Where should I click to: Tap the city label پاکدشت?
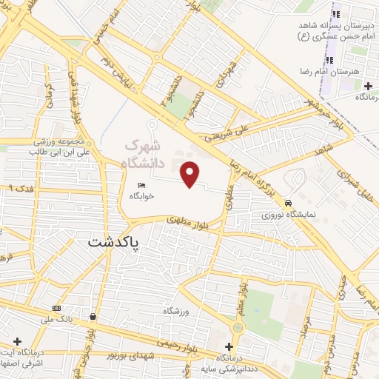click(114, 242)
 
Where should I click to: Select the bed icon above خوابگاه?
click(141, 185)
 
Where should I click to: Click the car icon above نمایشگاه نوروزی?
click(288, 203)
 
